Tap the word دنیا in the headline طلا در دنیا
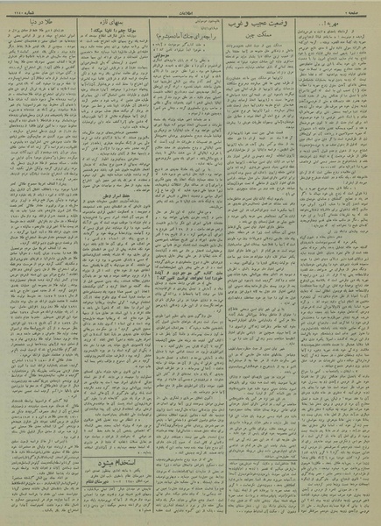[x=29, y=20]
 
